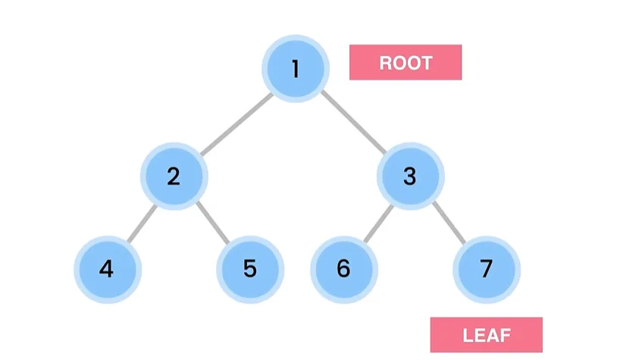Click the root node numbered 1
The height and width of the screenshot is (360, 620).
[296, 69]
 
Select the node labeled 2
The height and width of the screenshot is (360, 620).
[174, 177]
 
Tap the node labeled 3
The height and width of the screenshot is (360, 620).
[411, 177]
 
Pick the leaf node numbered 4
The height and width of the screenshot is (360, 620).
[108, 270]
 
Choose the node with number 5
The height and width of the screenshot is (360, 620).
[250, 270]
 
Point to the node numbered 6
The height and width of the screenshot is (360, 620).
[344, 270]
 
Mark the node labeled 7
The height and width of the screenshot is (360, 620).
[487, 270]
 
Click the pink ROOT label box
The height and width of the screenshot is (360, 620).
[406, 62]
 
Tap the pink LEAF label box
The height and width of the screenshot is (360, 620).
[487, 335]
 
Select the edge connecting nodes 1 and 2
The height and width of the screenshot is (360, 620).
[236, 124]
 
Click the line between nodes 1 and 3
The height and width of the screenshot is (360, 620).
[353, 122]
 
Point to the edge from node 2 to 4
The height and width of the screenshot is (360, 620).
[142, 224]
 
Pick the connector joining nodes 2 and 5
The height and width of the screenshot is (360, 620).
[213, 223]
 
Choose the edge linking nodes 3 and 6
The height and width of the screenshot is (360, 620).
[378, 224]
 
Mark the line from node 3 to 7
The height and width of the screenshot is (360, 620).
[449, 223]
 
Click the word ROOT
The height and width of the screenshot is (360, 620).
[406, 63]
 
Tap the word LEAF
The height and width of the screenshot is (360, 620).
[487, 336]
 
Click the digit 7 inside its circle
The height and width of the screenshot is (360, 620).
[487, 269]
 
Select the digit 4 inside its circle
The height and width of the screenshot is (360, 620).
[106, 269]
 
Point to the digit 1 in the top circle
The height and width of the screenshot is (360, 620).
[295, 68]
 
